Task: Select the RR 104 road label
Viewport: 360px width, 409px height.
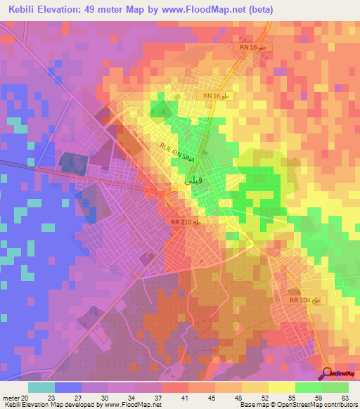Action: pyautogui.click(x=304, y=300)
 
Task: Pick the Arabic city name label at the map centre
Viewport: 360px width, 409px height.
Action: pyautogui.click(x=184, y=181)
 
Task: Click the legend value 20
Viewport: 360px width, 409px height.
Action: pyautogui.click(x=28, y=397)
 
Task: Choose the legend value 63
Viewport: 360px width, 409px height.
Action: pyautogui.click(x=345, y=397)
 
